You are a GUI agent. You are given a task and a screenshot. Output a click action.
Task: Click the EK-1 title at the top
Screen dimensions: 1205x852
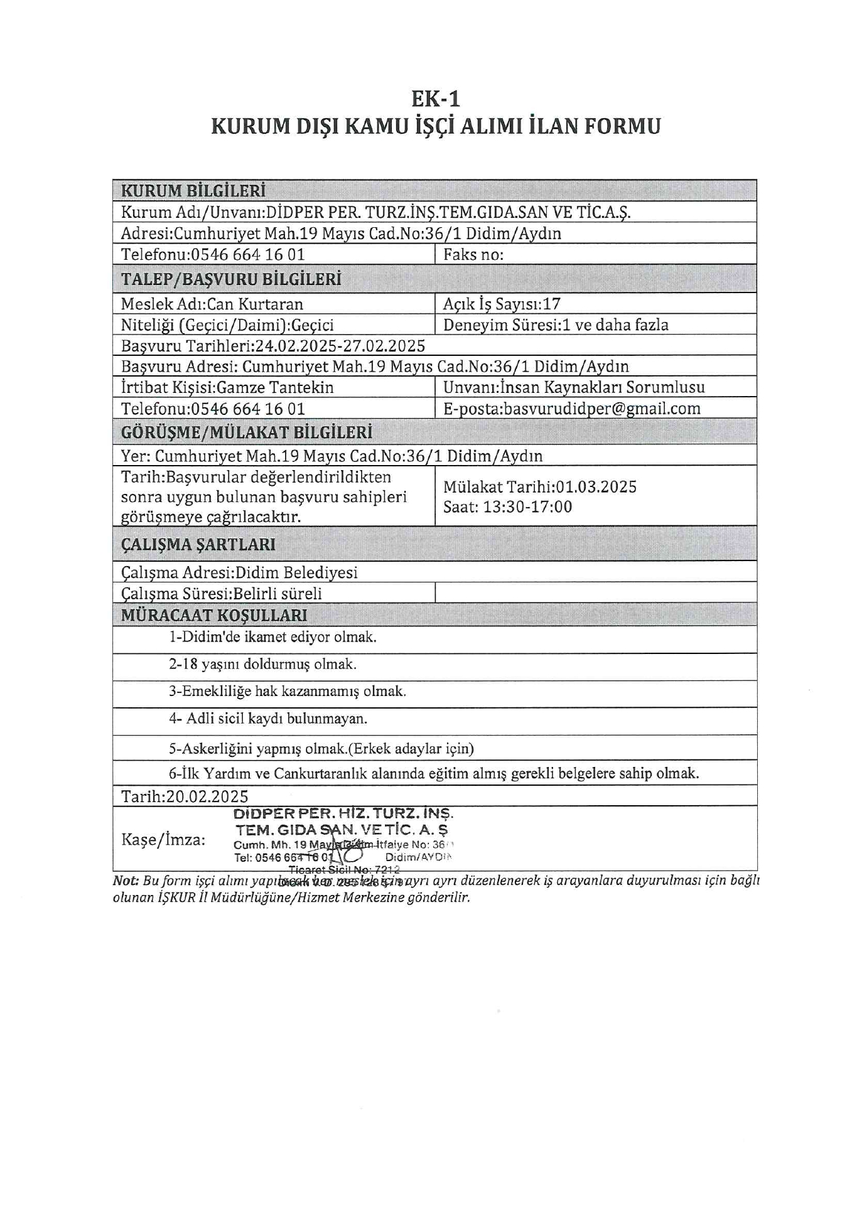click(x=436, y=99)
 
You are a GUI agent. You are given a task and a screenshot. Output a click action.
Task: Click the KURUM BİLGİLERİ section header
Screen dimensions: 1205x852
click(x=193, y=190)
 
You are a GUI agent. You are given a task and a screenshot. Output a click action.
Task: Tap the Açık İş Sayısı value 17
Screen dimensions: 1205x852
click(x=552, y=304)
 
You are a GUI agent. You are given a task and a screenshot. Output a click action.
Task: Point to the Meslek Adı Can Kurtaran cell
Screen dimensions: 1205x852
click(x=212, y=304)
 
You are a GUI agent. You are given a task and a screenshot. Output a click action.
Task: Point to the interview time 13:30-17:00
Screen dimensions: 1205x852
click(x=527, y=506)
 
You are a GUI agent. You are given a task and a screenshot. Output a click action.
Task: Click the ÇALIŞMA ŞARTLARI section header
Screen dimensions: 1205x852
click(x=198, y=544)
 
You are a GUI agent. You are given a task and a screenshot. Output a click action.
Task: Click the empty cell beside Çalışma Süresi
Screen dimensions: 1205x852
click(x=595, y=592)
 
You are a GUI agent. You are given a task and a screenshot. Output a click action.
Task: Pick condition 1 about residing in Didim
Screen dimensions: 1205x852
click(x=272, y=637)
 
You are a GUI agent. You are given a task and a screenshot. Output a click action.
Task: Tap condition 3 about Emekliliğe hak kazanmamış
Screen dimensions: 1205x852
click(x=287, y=691)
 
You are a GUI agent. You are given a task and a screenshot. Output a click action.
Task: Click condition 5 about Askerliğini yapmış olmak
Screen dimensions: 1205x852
click(x=321, y=748)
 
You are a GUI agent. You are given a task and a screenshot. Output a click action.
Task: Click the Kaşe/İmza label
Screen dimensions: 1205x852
click(x=163, y=840)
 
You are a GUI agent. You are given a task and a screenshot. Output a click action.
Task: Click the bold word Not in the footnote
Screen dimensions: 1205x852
click(x=126, y=881)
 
